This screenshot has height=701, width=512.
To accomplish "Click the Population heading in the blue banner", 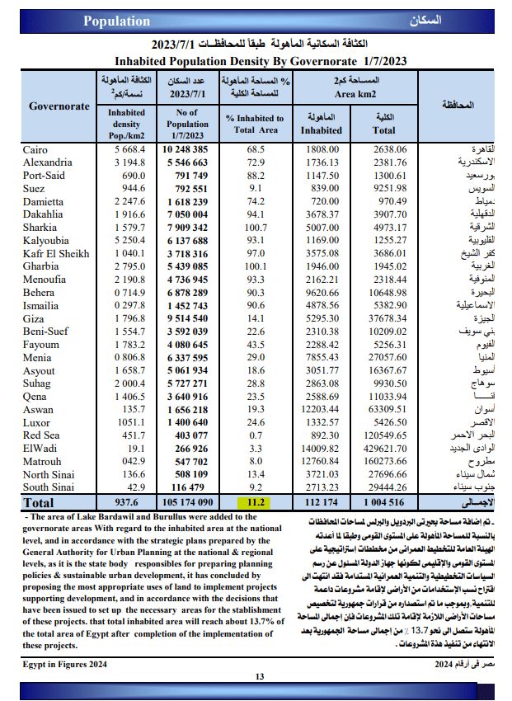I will coord(117,21).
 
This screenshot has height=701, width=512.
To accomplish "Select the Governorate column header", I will coord(59,106).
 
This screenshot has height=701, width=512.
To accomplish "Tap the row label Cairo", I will coord(35,150).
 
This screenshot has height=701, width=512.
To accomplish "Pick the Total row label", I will coord(39,502).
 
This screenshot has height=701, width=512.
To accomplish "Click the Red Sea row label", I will coord(41,435).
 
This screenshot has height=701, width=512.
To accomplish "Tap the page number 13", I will coord(259,677).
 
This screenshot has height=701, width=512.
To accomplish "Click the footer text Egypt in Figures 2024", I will coord(64,663).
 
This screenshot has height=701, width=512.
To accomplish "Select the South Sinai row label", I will coord(49,487).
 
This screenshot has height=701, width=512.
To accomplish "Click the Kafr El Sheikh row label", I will coord(56,254).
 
